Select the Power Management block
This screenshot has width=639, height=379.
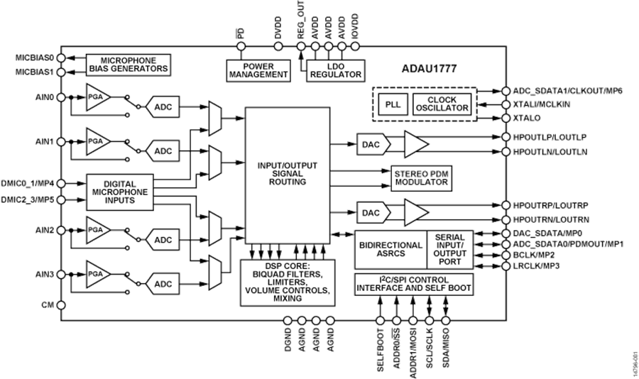click(x=258, y=70)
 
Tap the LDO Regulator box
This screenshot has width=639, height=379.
click(x=335, y=70)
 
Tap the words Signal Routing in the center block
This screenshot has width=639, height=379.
click(x=287, y=177)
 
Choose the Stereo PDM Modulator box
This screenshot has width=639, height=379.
click(x=421, y=177)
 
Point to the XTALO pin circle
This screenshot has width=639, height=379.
click(x=506, y=117)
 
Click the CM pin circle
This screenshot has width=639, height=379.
click(x=62, y=305)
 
